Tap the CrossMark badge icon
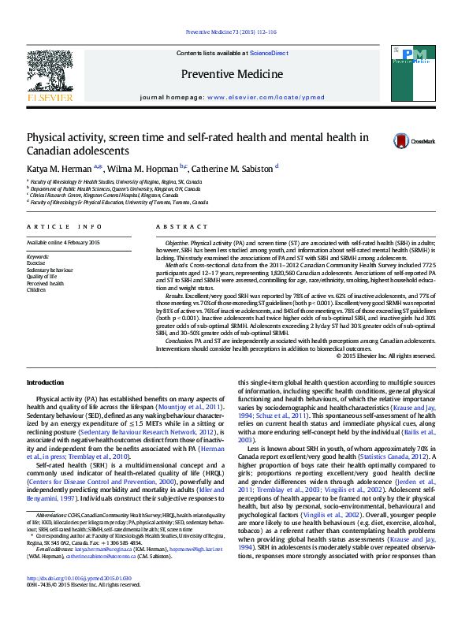402,141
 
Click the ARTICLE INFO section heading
65,226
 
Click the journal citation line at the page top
230,32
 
